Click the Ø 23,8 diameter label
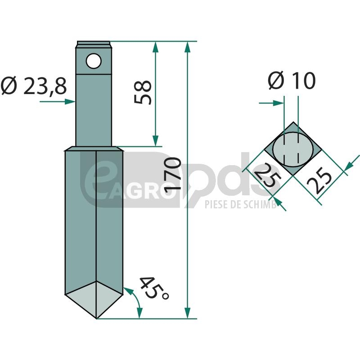coord(34,86)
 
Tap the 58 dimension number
coord(143,92)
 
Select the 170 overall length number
coord(173,173)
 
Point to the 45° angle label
coord(154,288)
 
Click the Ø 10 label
coord(292,81)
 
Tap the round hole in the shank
coord(94,61)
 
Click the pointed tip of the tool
coord(96,319)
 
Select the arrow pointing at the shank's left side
coord(58,102)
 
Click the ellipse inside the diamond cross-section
coord(293,149)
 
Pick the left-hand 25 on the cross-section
coord(267,175)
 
